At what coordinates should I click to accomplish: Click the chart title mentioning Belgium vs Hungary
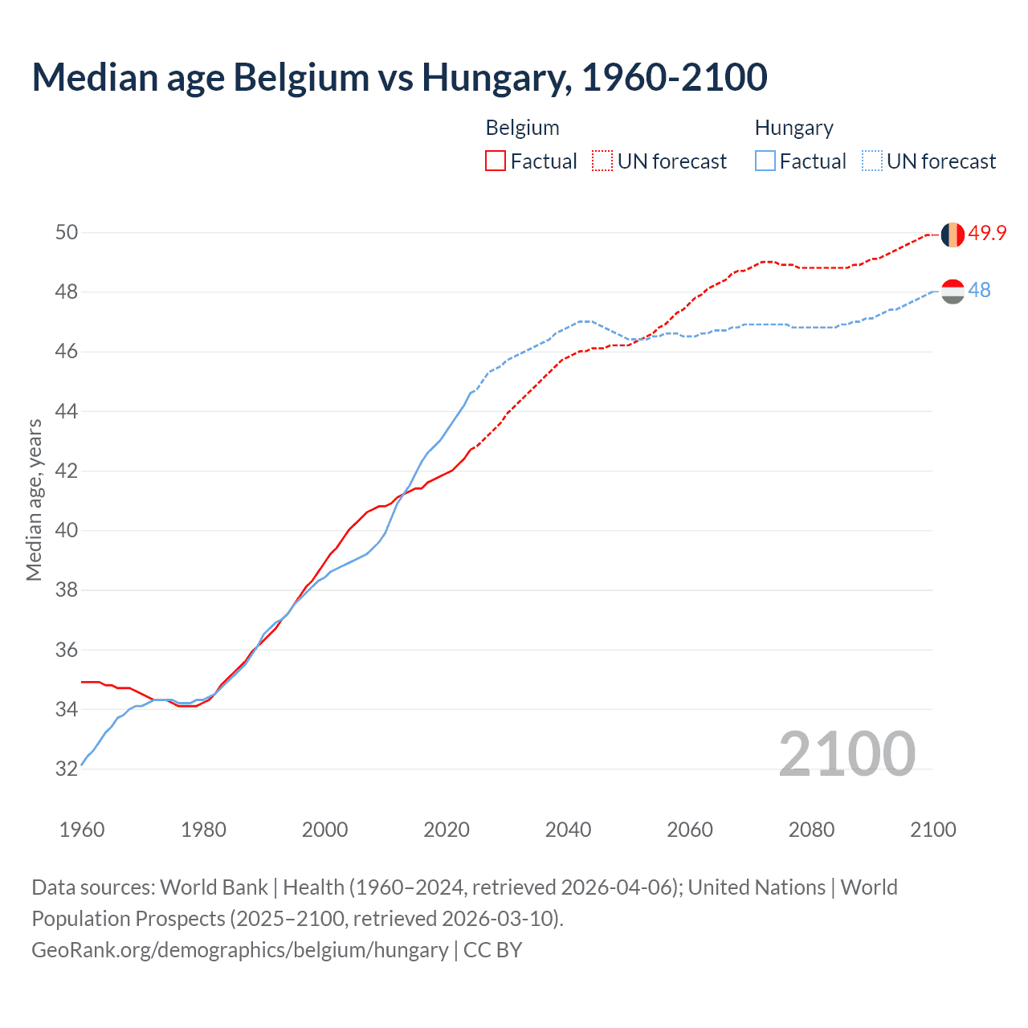coord(399,77)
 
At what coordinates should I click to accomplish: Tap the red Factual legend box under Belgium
coord(496,161)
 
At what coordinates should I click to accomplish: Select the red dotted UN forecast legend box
coord(602,161)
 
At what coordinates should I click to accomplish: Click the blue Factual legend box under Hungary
coord(765,161)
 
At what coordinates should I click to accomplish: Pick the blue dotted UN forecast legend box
coord(871,161)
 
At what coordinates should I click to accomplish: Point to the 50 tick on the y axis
coord(67,233)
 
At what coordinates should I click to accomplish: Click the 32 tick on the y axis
coord(67,769)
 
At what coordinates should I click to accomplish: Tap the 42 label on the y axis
coord(67,471)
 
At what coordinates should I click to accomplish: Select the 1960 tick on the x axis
coord(82,830)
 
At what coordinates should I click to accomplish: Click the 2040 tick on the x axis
coord(568,830)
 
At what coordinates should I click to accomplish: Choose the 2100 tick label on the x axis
coord(932,830)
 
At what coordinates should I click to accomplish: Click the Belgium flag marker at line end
coord(953,235)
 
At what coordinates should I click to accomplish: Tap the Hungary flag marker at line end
coord(953,291)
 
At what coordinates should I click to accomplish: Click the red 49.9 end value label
coord(987,233)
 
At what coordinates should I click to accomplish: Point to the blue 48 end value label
coord(979,290)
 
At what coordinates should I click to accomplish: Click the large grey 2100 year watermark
coord(846,753)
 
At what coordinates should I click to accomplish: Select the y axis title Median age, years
coord(34,500)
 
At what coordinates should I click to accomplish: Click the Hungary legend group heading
coord(793,128)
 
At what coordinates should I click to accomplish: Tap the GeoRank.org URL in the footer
coord(239,949)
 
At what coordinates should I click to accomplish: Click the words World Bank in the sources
coord(214,887)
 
